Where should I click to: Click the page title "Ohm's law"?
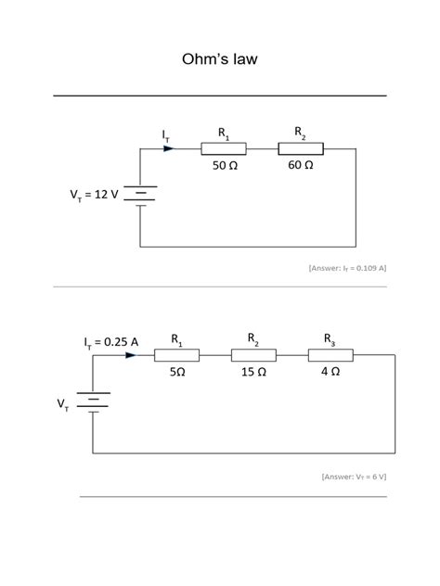pyautogui.click(x=219, y=60)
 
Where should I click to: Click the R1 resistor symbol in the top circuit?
pyautogui.click(x=224, y=148)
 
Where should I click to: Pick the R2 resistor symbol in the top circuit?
pyautogui.click(x=301, y=148)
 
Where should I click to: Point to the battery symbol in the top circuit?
pyautogui.click(x=139, y=195)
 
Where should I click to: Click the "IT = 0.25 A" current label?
pyautogui.click(x=110, y=341)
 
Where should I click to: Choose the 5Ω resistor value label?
pyautogui.click(x=177, y=371)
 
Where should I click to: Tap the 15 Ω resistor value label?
pyautogui.click(x=252, y=371)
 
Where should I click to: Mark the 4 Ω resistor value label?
pyautogui.click(x=330, y=371)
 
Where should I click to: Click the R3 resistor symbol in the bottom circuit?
pyautogui.click(x=330, y=353)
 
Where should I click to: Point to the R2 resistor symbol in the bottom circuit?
pyautogui.click(x=253, y=353)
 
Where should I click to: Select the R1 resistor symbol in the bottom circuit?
pyautogui.click(x=176, y=353)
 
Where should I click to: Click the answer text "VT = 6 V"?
pyautogui.click(x=354, y=477)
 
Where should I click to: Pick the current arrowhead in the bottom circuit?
pyautogui.click(x=130, y=353)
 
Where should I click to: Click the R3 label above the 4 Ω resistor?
pyautogui.click(x=330, y=338)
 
